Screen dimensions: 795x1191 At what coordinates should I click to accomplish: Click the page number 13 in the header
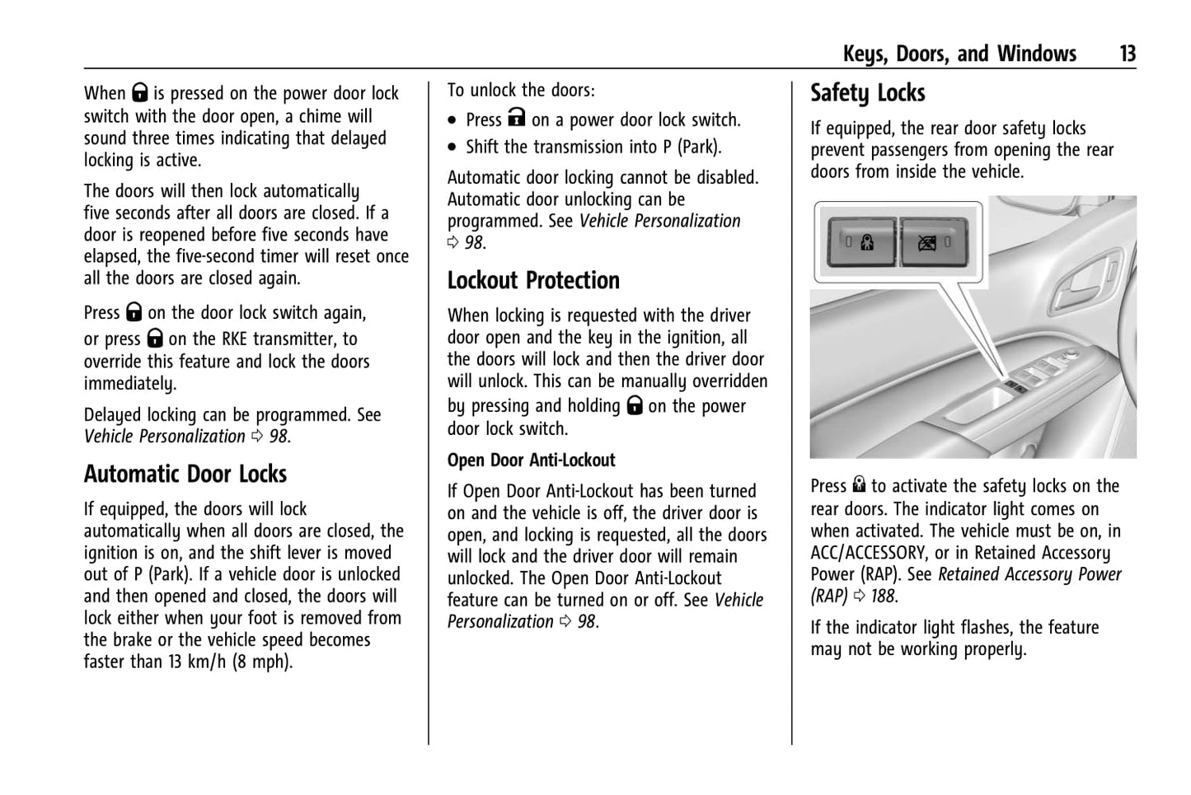coord(1127,54)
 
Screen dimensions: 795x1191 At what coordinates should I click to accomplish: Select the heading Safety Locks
coord(867,93)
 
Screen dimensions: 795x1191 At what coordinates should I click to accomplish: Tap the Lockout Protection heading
coord(533,280)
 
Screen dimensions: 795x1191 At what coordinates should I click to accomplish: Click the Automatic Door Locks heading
coord(185,474)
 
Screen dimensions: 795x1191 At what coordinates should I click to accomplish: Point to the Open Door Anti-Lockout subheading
coord(532,460)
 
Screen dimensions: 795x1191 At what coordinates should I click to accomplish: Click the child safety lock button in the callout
coord(861,242)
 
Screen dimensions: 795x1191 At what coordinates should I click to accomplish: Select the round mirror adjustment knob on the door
coord(1071,356)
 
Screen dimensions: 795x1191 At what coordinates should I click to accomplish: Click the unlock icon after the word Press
coord(516,119)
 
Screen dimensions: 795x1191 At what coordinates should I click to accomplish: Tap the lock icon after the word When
coord(139,93)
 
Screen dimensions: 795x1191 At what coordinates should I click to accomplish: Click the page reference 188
coord(883,596)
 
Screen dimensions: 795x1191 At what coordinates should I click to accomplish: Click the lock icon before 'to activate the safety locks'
coord(859,486)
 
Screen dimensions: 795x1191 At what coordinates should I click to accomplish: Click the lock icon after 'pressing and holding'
coord(634,406)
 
